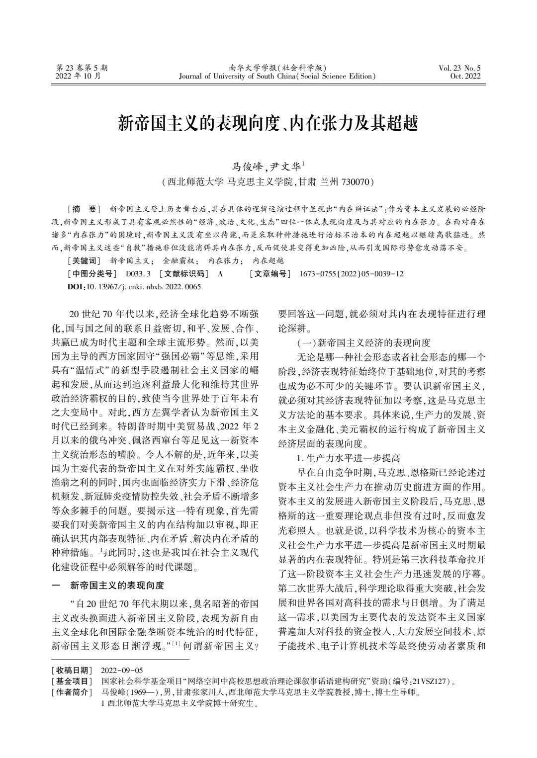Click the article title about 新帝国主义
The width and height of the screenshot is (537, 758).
click(268, 123)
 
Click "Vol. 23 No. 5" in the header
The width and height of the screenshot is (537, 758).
click(459, 68)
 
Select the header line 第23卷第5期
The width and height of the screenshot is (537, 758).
click(82, 68)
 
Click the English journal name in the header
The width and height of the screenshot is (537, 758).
click(277, 76)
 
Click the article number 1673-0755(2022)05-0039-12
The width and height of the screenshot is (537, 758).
click(352, 273)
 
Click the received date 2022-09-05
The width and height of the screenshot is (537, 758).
click(121, 670)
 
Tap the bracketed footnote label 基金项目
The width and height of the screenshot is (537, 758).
click(72, 681)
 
